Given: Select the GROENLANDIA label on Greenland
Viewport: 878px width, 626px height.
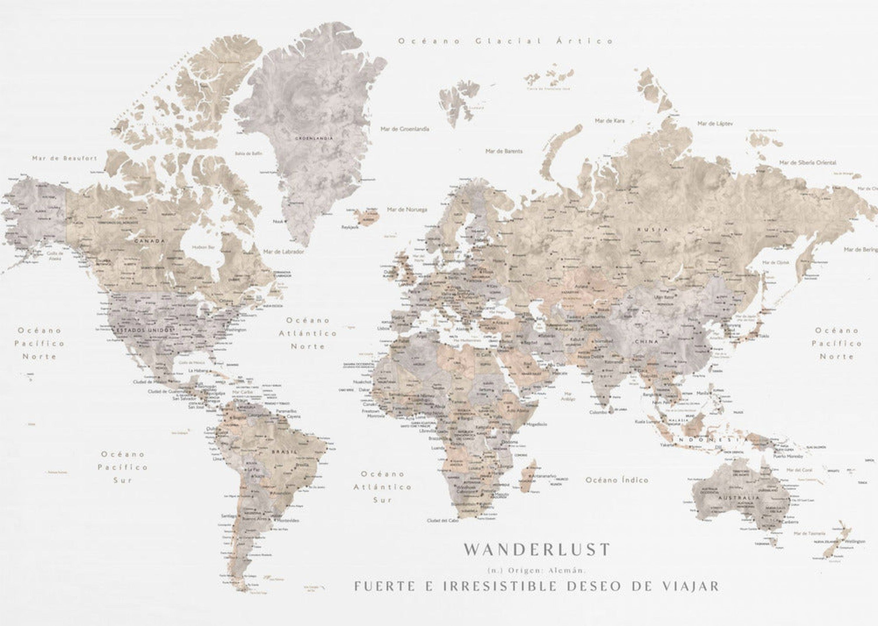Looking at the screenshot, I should point(314,138).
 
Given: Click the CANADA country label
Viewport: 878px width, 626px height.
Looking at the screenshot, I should point(149,241).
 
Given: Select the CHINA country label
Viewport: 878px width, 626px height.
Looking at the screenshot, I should point(646,341).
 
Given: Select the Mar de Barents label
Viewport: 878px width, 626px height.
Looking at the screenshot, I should point(504,151).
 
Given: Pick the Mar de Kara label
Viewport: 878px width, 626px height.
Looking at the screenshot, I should point(610,121).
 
